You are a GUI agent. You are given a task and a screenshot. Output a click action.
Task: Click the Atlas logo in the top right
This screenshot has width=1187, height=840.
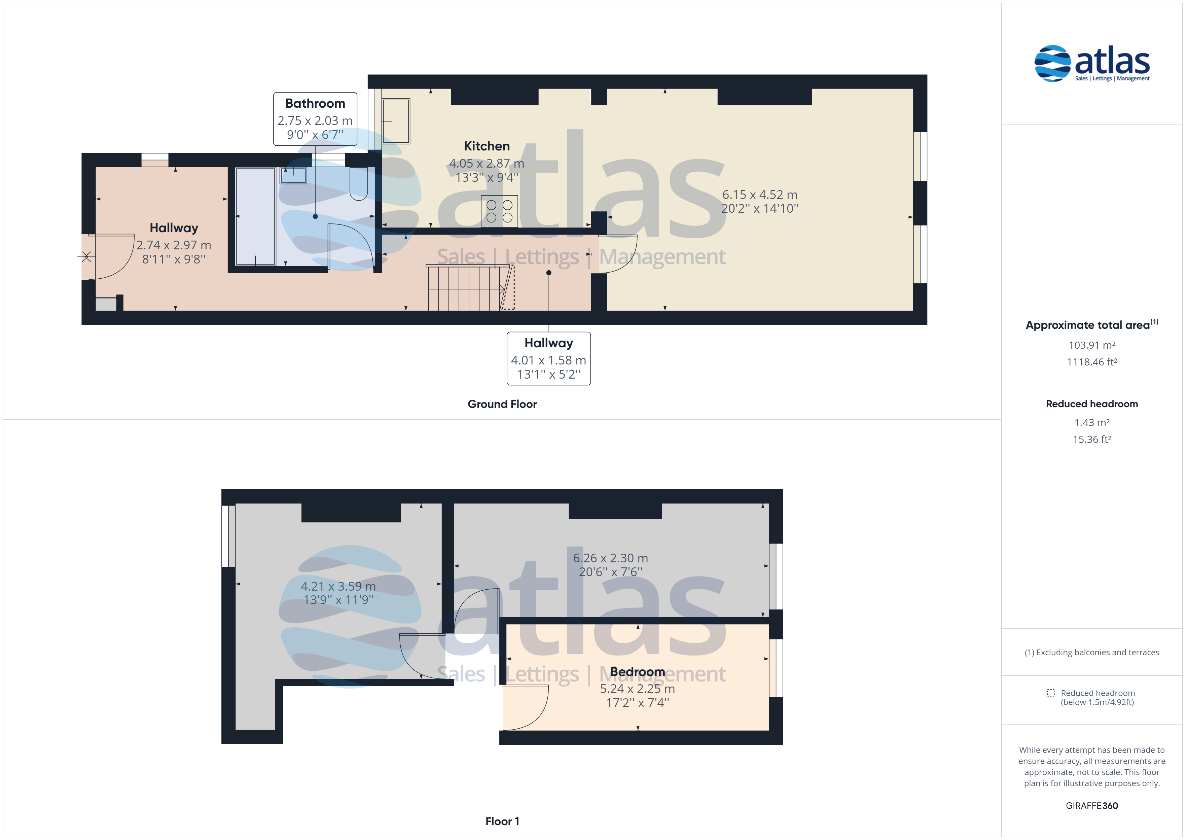1092,64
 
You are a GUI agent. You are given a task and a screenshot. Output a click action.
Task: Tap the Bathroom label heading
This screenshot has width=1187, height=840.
315,103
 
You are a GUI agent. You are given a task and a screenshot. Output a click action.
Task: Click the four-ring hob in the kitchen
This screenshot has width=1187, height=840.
499,211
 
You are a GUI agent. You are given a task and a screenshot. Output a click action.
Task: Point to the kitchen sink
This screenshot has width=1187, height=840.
395,121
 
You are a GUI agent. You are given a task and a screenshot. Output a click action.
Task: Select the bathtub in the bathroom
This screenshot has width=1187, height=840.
255,216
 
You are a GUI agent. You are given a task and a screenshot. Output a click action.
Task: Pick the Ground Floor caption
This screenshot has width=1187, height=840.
502,404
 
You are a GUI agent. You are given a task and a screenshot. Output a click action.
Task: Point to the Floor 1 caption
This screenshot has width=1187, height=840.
502,821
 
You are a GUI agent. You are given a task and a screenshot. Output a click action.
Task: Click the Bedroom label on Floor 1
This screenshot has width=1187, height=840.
638,671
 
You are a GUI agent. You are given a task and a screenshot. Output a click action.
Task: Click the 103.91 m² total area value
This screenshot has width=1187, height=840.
1092,345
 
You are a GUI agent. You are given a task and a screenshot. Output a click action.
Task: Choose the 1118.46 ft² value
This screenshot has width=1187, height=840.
1092,362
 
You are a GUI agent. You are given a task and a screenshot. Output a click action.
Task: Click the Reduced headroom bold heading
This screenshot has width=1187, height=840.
1092,404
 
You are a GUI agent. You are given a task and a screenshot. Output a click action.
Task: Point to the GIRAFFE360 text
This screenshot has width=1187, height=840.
1092,806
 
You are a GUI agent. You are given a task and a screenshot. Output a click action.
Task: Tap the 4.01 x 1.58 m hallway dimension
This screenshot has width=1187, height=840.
548,360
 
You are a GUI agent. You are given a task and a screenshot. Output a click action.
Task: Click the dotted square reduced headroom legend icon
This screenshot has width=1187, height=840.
1050,693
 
